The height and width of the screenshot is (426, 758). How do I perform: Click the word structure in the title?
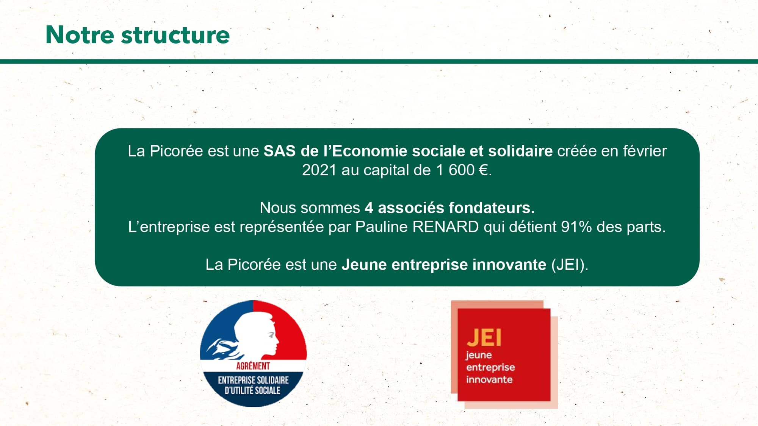point(175,35)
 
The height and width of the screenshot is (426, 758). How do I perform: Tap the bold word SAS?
point(279,151)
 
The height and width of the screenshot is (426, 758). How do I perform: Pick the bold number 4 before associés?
point(369,208)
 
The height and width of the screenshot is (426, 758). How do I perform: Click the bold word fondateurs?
point(492,208)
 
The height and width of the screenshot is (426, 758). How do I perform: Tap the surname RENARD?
point(445,227)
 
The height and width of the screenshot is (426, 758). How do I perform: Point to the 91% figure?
point(576,227)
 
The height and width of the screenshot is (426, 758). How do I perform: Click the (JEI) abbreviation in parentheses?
point(569,265)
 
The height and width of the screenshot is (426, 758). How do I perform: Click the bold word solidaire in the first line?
point(520,151)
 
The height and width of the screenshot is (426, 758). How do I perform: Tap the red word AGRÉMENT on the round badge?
point(253,366)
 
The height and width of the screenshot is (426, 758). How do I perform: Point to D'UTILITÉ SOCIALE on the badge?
point(252,390)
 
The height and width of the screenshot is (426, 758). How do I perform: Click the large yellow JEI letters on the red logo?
point(484,337)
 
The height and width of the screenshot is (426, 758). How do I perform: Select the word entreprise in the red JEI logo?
point(490,368)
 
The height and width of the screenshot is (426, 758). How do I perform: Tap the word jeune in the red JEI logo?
point(479,355)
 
